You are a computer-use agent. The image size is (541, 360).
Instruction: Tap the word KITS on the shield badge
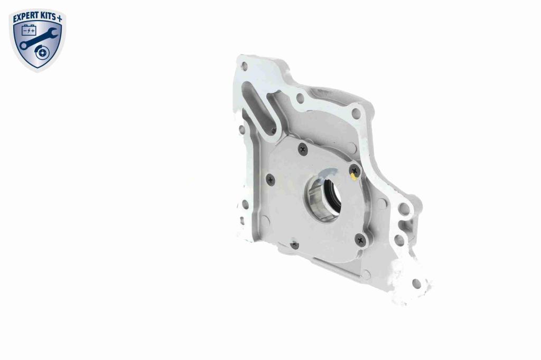[x=48, y=16]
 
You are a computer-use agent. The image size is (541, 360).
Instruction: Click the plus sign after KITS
[x=59, y=18]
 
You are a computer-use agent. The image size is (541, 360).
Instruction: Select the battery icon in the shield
[x=29, y=31]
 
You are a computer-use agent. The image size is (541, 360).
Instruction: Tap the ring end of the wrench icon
[x=23, y=45]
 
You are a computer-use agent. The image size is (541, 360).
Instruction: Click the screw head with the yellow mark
[x=355, y=170]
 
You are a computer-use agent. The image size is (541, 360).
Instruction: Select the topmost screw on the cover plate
[x=303, y=149]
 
